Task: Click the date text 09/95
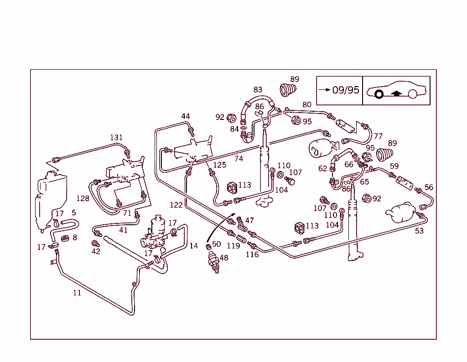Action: (x=346, y=90)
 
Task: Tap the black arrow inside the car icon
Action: (x=396, y=93)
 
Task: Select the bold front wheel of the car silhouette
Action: (x=378, y=95)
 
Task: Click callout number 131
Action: (x=116, y=138)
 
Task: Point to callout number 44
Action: (x=185, y=116)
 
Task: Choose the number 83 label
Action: (x=258, y=90)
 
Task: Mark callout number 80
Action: (x=307, y=104)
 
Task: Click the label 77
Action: (x=378, y=136)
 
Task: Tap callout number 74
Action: (x=239, y=159)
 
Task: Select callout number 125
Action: (x=219, y=165)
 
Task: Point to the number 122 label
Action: (x=176, y=205)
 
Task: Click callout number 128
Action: (x=83, y=198)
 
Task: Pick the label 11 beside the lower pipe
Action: (x=77, y=293)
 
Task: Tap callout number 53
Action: (x=419, y=231)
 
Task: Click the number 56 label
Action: (x=429, y=187)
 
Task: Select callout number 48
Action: (x=223, y=258)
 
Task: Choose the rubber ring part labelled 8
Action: (x=65, y=238)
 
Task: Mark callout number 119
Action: (x=233, y=246)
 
